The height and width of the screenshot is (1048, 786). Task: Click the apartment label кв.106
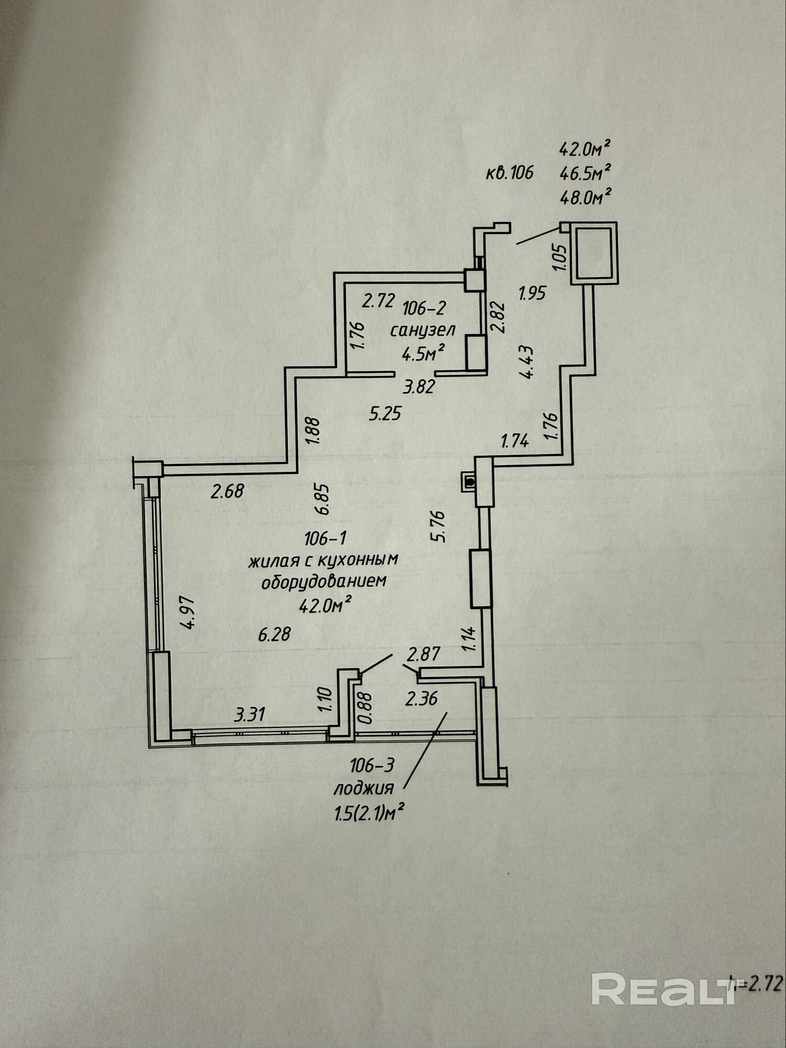click(x=509, y=172)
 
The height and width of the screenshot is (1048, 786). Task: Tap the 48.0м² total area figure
click(x=586, y=198)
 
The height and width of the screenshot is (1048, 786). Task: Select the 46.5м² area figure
click(x=586, y=173)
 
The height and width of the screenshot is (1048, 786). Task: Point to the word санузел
click(x=422, y=331)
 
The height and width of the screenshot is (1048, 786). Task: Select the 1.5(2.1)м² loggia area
click(x=369, y=813)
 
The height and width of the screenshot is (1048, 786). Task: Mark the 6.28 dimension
click(x=274, y=635)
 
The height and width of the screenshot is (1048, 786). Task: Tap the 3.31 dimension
click(x=250, y=715)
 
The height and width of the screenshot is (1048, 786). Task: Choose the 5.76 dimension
click(x=437, y=526)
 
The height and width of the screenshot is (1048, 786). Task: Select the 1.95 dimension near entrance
click(x=532, y=292)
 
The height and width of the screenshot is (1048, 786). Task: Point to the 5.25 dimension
click(x=385, y=414)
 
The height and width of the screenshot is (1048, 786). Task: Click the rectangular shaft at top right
click(x=594, y=254)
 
